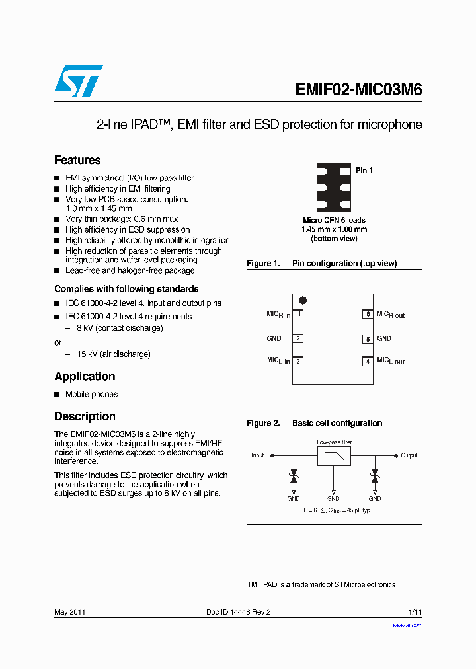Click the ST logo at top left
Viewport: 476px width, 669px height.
tap(78, 81)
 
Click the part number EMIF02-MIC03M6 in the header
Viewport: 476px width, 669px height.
tap(358, 91)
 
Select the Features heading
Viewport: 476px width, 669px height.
tap(77, 160)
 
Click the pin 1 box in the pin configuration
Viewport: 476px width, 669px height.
tap(298, 315)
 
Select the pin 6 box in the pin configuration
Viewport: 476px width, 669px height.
tap(368, 315)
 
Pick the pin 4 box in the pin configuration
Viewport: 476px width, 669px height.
tap(368, 361)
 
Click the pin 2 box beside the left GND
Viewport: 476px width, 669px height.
tap(298, 338)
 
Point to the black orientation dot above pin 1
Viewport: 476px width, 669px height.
tap(303, 301)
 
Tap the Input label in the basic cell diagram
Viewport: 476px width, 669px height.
tap(257, 455)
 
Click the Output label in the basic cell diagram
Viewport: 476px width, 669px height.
tap(409, 455)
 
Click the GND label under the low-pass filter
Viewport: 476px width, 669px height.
tap(333, 499)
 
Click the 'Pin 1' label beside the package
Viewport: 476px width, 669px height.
tap(364, 171)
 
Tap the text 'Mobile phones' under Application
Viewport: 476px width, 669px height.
tap(91, 395)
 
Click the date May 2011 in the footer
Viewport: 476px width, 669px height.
tap(69, 612)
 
